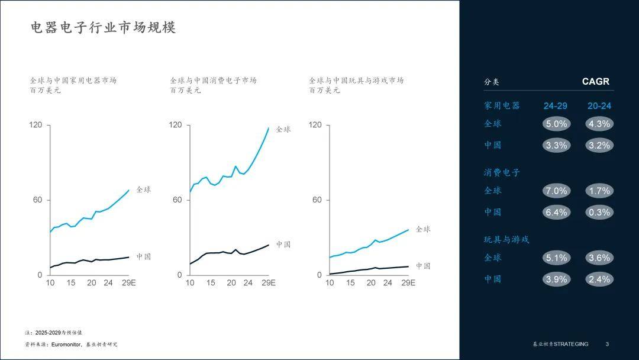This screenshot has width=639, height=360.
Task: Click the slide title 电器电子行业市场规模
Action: [x=104, y=28]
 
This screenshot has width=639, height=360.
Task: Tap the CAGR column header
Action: [x=595, y=82]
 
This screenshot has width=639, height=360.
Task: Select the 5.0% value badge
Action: [x=556, y=124]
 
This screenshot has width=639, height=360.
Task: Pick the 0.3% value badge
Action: [x=599, y=212]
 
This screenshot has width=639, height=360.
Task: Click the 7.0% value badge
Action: [x=556, y=191]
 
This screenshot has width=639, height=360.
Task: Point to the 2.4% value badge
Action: [x=599, y=279]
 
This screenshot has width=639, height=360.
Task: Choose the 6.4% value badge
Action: [x=556, y=212]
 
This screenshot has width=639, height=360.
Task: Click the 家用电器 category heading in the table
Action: [x=502, y=106]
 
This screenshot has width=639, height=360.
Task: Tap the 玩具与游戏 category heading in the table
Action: [x=506, y=240]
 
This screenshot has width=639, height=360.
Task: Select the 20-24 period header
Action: [x=599, y=106]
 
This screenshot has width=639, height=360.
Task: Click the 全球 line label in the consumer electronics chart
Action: [x=283, y=129]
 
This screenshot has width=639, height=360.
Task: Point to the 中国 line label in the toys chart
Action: [x=423, y=266]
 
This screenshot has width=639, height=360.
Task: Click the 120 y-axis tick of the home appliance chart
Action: [x=37, y=125]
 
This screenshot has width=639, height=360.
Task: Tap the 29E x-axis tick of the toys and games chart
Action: [x=408, y=283]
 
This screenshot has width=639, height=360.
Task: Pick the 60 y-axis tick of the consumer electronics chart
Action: [x=177, y=200]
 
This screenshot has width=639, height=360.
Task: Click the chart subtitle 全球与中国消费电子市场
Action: [x=213, y=81]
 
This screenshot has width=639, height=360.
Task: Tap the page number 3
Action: [x=607, y=344]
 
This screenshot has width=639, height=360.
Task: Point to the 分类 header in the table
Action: [x=492, y=82]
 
